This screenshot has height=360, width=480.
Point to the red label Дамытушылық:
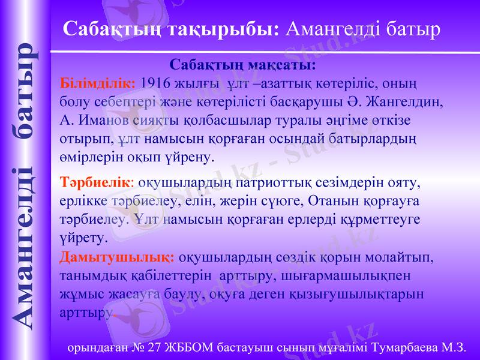118,257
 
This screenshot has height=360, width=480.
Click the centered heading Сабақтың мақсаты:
243,64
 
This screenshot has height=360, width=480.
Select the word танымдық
86,276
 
